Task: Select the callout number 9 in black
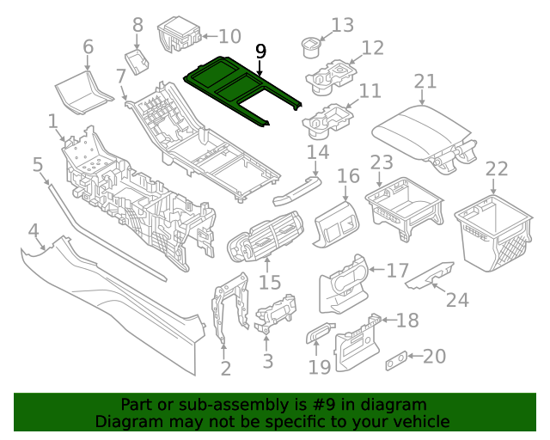click(260, 52)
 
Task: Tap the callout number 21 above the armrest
click(425, 82)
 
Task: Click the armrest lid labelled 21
click(421, 132)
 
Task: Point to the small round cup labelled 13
click(311, 48)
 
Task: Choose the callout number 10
click(229, 36)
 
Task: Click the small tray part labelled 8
click(137, 61)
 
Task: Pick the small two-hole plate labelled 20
click(396, 360)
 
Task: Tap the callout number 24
click(457, 300)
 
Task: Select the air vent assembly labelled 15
click(266, 236)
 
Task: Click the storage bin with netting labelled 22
click(494, 233)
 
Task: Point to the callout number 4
click(33, 231)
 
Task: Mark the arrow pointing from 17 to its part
click(377, 270)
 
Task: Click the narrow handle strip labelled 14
click(296, 192)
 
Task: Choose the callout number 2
click(225, 369)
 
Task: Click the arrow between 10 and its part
click(210, 36)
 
